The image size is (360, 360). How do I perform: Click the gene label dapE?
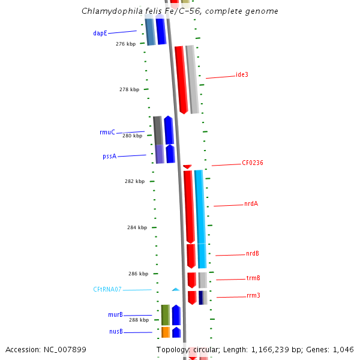(x=100, y=34)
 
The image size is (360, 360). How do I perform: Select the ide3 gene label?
(x=242, y=74)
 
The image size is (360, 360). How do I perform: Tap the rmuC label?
(x=107, y=132)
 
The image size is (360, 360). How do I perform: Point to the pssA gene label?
(x=109, y=156)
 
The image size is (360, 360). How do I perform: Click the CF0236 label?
(x=253, y=163)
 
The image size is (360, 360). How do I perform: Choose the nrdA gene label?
(x=251, y=203)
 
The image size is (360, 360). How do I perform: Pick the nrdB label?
(x=253, y=253)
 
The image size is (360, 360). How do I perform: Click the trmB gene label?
(x=253, y=278)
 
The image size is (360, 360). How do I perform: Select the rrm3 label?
(x=253, y=295)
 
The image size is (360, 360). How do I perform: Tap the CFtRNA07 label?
(x=107, y=289)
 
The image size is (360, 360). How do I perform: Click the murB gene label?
(x=115, y=314)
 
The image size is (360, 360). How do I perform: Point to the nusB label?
(x=116, y=331)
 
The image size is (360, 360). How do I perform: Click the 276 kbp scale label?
(x=126, y=44)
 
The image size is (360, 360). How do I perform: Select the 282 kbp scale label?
(x=134, y=181)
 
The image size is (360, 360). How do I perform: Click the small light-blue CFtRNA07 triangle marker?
(x=175, y=289)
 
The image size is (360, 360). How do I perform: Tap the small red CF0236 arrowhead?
(x=187, y=166)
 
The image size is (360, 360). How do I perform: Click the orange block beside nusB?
(x=166, y=332)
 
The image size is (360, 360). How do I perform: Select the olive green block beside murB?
(x=165, y=315)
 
